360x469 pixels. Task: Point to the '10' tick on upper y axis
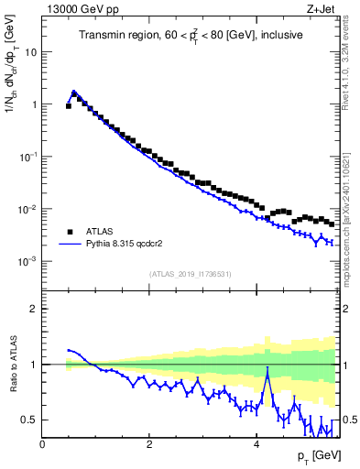click(30, 52)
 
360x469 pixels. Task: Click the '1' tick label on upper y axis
click(33, 104)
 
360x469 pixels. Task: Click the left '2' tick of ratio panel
click(33, 309)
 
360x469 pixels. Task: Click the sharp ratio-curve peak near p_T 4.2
click(267, 369)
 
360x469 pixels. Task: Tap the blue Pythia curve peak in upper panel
click(74, 92)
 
